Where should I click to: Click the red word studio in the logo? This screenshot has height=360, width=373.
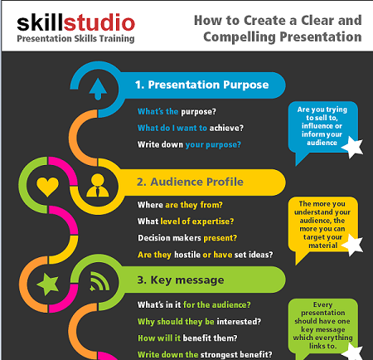point(99,22)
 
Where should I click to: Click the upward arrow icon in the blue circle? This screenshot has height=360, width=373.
point(98,89)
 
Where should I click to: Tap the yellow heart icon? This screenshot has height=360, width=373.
point(47,187)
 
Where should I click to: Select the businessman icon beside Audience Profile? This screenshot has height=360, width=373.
point(98,185)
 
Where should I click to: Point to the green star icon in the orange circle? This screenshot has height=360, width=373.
point(48,285)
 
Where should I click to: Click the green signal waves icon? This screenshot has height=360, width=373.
point(99,281)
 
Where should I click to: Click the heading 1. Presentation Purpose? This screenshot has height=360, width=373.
point(201,85)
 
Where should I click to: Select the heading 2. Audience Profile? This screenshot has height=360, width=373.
point(190,182)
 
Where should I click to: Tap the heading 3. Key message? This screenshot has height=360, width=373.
point(181,280)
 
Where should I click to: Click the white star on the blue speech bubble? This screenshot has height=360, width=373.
point(353,147)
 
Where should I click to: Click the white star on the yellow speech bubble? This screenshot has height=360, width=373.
point(353,245)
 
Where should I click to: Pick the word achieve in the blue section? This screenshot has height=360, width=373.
point(226,128)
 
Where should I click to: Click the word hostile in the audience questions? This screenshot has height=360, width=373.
point(187,255)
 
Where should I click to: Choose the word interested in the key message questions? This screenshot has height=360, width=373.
point(239,321)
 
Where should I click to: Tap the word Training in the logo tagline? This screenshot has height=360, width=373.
point(117,39)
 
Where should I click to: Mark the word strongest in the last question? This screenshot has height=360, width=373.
point(219,354)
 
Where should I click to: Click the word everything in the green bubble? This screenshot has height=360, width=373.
point(334,338)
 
